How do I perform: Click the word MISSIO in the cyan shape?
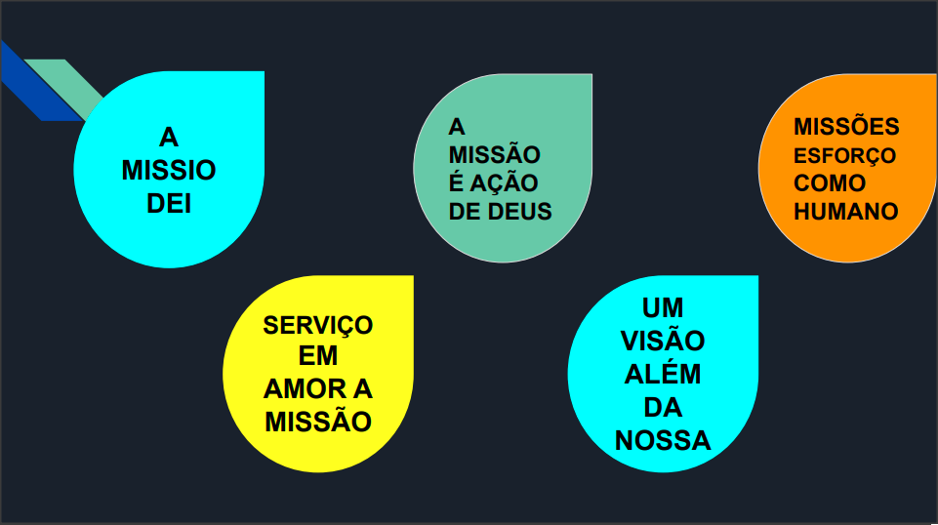[169, 171]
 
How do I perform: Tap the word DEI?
[169, 204]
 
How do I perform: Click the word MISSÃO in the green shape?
[495, 154]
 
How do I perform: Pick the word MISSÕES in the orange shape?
[846, 128]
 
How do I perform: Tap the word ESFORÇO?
[844, 156]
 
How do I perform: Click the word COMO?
[830, 183]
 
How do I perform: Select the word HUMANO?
[846, 211]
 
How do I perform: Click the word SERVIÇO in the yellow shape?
[318, 324]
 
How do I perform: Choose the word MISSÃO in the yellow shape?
[318, 422]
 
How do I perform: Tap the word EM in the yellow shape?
[318, 356]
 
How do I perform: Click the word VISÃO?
[663, 342]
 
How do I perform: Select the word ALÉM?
[663, 375]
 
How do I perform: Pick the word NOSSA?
[663, 440]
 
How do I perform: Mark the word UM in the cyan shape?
[663, 309]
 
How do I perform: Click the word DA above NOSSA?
[663, 407]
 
